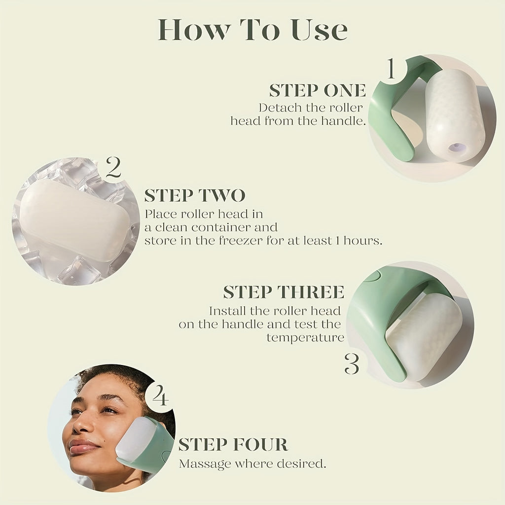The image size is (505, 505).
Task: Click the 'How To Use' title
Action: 252,31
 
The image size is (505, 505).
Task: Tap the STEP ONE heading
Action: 318,91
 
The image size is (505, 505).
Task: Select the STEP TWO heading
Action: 194,196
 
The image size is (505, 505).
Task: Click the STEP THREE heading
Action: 284,292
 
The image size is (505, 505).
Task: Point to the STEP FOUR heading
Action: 233,444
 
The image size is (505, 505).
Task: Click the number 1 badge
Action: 391,70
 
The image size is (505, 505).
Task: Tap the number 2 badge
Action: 113,169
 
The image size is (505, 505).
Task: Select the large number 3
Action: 352,363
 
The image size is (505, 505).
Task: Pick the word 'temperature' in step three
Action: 305,338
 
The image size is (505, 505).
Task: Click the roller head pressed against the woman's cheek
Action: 136,439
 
